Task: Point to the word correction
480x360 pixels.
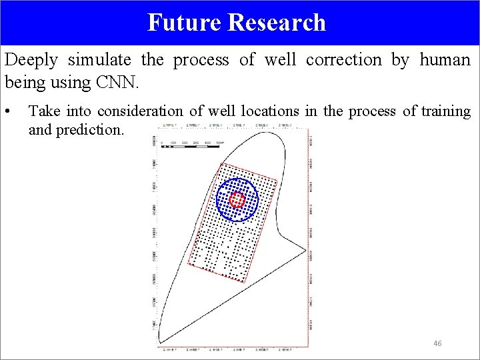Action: pyautogui.click(x=343, y=60)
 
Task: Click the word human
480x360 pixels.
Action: pyautogui.click(x=445, y=60)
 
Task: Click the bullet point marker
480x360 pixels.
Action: pyautogui.click(x=7, y=111)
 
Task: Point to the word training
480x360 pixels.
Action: pyautogui.click(x=446, y=111)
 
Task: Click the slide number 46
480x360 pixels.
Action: pyautogui.click(x=437, y=343)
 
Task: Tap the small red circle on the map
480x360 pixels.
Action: pyautogui.click(x=237, y=199)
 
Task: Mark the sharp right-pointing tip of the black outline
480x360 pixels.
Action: pyautogui.click(x=306, y=251)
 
